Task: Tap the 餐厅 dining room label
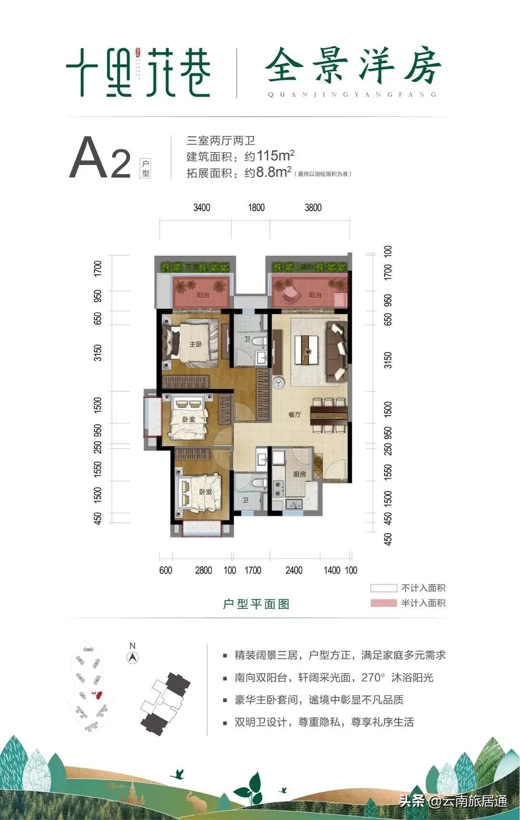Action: coord(295,415)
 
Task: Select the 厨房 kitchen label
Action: coord(299,474)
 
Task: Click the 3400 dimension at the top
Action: coord(202,208)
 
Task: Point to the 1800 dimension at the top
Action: coord(256,208)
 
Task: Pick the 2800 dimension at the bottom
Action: coord(204,570)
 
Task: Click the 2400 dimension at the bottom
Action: coord(294,570)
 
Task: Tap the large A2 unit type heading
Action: coord(100,158)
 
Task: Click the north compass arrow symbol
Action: coord(133,657)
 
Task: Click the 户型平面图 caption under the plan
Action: coord(256,604)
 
